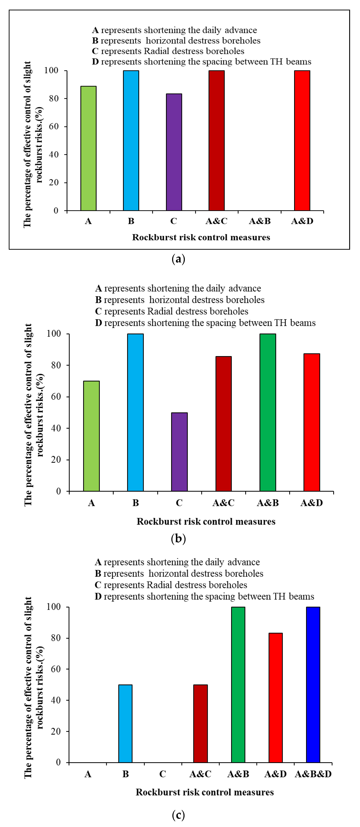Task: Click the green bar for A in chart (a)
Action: point(88,148)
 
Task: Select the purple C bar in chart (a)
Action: point(174,152)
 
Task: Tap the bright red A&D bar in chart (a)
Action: point(302,141)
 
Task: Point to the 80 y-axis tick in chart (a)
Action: point(54,99)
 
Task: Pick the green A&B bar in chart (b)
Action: point(268,413)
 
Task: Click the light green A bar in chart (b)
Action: point(91,436)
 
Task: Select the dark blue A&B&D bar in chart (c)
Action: point(313,685)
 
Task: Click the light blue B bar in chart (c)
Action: point(125,724)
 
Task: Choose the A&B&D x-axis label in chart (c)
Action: point(313,774)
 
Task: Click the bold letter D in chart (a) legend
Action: point(95,62)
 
